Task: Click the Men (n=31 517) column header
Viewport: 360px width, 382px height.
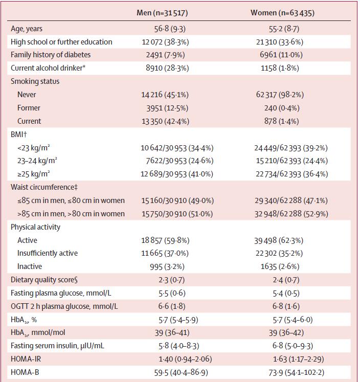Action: [x=166, y=12]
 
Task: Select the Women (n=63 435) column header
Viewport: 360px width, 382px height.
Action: [x=282, y=12]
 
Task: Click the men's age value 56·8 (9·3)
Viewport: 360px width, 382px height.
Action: [x=166, y=29]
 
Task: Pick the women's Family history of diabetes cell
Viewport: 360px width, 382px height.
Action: [x=282, y=55]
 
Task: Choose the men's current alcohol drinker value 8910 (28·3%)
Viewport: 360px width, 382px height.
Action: [x=166, y=68]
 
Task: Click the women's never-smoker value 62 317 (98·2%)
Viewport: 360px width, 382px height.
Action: [x=282, y=95]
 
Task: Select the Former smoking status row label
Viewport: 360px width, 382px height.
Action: [x=29, y=108]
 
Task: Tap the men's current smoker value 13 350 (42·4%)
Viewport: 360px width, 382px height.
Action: [x=166, y=121]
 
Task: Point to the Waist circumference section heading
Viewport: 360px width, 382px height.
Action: [x=44, y=187]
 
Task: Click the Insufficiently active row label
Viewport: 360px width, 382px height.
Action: [x=47, y=253]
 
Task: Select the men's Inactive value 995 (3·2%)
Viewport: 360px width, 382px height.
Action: [x=166, y=266]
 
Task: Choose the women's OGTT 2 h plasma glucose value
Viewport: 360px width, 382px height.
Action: [x=282, y=306]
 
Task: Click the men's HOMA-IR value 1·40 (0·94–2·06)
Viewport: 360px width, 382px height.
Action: [x=167, y=359]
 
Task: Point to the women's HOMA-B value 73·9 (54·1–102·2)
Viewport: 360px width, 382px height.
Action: [x=282, y=372]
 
